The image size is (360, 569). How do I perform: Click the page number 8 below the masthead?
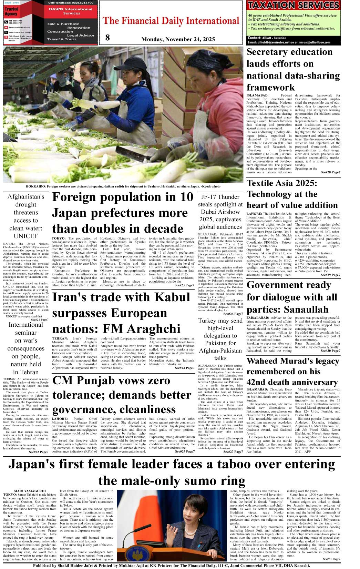tap(107, 38)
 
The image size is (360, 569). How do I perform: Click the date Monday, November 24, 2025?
tap(178, 39)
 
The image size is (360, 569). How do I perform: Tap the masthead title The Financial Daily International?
tap(171, 21)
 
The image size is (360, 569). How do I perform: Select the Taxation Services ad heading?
tap(294, 5)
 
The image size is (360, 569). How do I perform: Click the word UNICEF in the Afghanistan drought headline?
tap(26, 236)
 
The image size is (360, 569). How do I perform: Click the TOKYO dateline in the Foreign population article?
tap(59, 238)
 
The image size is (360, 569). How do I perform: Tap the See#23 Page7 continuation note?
tap(184, 285)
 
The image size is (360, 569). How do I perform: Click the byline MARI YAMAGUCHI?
tap(30, 491)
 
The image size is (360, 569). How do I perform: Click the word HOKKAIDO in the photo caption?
tap(35, 186)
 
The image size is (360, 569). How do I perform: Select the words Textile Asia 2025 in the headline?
tap(282, 183)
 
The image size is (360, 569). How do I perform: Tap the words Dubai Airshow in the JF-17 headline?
tap(220, 212)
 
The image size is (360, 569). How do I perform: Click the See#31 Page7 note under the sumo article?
tap(331, 559)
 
